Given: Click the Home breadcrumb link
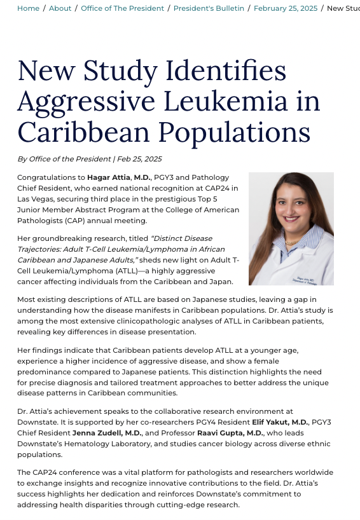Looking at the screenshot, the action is pyautogui.click(x=27, y=8).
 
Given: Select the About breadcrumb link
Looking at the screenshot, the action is pyautogui.click(x=60, y=8).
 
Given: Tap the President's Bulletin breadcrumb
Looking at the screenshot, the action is pyautogui.click(x=209, y=8).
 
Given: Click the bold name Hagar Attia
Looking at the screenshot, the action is pyautogui.click(x=95, y=177).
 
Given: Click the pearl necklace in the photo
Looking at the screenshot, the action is pyautogui.click(x=293, y=242).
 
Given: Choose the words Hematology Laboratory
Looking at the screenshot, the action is pyautogui.click(x=106, y=444).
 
